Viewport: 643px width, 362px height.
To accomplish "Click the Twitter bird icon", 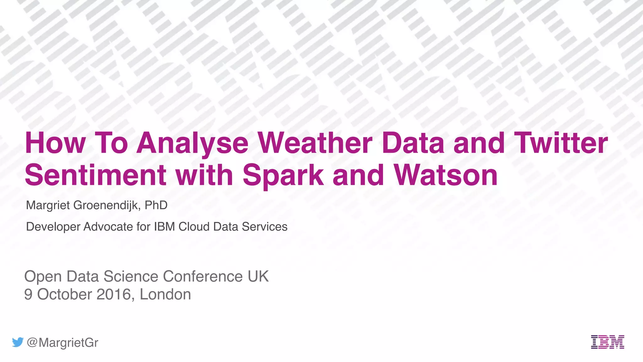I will coord(18,342).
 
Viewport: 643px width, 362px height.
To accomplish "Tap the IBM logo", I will coord(608,342).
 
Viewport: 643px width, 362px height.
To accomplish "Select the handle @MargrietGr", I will coord(62,343).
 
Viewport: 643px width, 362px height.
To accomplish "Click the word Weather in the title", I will coord(315,143).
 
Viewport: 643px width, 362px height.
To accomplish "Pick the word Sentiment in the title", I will coord(95,175).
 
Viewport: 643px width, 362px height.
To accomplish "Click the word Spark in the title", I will coord(283,175).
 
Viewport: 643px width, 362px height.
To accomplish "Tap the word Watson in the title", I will coord(446,175).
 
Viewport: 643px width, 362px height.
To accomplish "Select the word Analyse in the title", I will coord(192,143).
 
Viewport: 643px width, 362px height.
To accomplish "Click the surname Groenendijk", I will coord(107,205).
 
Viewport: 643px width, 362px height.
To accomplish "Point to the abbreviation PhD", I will coord(156,205).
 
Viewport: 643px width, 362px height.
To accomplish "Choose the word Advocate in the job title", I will coord(108,227).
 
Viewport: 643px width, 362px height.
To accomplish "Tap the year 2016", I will coord(113,294).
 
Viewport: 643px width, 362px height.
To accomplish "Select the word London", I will coord(165,294).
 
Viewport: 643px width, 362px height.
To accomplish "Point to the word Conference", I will coord(203,277).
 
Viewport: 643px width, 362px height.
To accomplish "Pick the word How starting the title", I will coord(55,143).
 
